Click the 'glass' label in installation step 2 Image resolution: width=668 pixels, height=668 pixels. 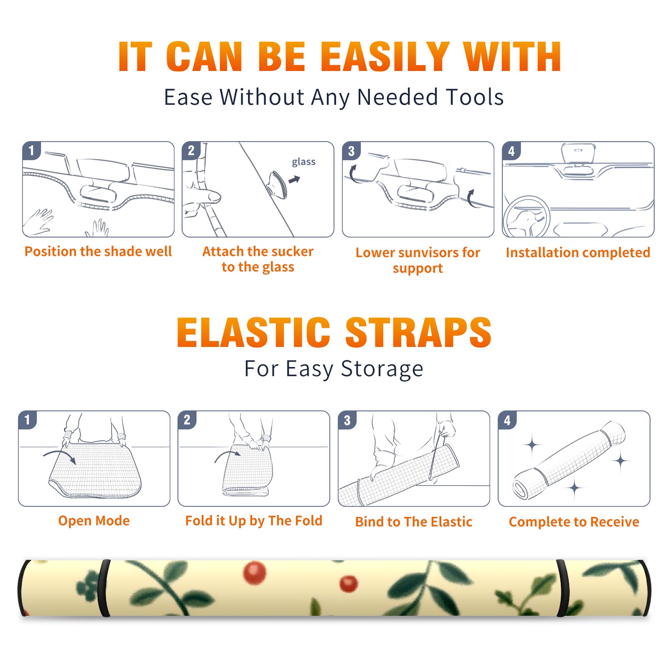click(x=304, y=162)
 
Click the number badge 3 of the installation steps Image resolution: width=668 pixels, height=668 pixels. click(x=352, y=151)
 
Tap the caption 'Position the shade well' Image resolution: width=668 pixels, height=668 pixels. click(x=98, y=251)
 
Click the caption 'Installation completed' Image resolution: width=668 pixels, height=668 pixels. click(x=578, y=253)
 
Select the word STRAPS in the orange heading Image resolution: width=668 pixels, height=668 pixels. click(x=418, y=332)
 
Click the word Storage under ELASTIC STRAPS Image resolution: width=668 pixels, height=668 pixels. click(x=382, y=369)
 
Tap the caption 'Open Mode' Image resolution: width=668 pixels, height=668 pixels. click(x=94, y=521)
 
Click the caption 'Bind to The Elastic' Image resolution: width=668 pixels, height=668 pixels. click(x=414, y=522)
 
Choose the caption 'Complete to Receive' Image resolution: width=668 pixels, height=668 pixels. click(x=574, y=522)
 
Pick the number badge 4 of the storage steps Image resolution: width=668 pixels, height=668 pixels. click(x=507, y=420)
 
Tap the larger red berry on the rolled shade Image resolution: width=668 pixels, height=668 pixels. click(x=255, y=572)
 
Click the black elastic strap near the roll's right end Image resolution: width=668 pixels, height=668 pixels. click(x=562, y=588)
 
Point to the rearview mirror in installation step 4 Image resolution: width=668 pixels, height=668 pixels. click(x=578, y=154)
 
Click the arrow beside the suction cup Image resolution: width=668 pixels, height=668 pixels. click(x=294, y=180)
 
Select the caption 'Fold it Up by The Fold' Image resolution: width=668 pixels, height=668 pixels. click(x=254, y=521)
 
